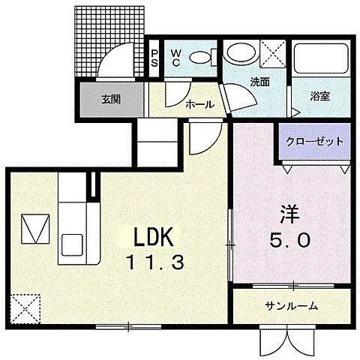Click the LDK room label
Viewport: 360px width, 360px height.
click(x=154, y=238)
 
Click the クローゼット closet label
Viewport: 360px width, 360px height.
click(x=315, y=141)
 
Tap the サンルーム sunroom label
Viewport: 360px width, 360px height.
click(x=291, y=306)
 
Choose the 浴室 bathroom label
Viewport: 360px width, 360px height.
click(x=321, y=96)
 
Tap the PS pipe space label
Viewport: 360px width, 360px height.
click(x=154, y=58)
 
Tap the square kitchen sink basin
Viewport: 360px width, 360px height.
click(x=73, y=244)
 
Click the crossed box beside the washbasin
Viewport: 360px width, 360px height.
click(x=272, y=53)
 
